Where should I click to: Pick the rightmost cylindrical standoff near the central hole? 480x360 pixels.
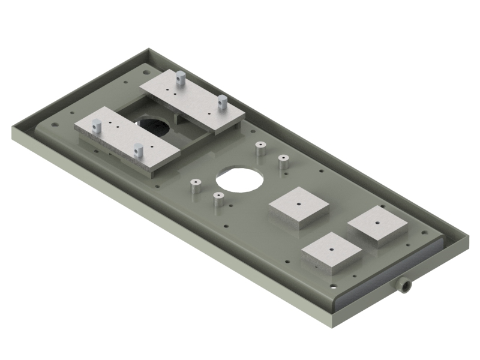coord(283,164)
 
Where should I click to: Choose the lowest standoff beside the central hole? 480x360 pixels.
coord(218,202)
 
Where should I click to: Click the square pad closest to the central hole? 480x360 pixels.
coord(299,207)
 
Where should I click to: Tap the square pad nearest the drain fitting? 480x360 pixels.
coord(332,253)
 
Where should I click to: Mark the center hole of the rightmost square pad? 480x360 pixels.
coord(377,222)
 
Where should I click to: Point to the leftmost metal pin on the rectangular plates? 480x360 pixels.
coord(97,127)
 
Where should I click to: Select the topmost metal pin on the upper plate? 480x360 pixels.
coord(179,78)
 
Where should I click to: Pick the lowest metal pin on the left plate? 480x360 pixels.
coord(138,151)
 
